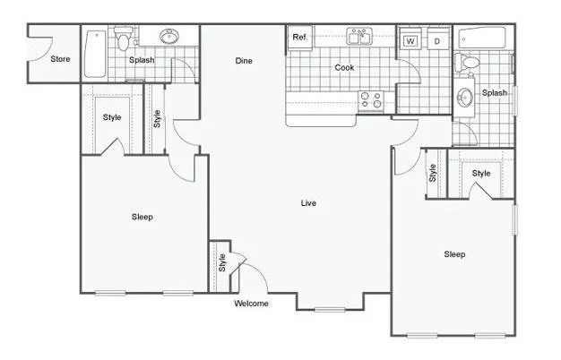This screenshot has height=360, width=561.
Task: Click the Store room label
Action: click(60, 60)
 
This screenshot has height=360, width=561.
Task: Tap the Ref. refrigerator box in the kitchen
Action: click(299, 39)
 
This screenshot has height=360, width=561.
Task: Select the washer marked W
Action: click(410, 40)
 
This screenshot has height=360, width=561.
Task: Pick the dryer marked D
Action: click(436, 40)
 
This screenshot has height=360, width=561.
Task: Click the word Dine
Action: click(244, 61)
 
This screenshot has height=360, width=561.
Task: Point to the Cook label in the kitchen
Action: click(344, 68)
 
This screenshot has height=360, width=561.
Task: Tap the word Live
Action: click(308, 203)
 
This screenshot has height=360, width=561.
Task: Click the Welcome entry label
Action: click(252, 304)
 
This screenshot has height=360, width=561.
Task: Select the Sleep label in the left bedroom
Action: click(142, 217)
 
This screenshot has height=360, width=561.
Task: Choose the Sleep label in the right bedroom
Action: click(454, 254)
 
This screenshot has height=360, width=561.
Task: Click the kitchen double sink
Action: click(360, 37)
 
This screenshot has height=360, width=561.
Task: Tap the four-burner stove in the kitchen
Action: click(371, 100)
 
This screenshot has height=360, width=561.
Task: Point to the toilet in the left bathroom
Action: click(124, 38)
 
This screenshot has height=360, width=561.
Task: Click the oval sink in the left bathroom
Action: click(168, 38)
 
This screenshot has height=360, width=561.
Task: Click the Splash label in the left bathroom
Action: click(142, 60)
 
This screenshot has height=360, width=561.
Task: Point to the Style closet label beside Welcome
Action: click(221, 263)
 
